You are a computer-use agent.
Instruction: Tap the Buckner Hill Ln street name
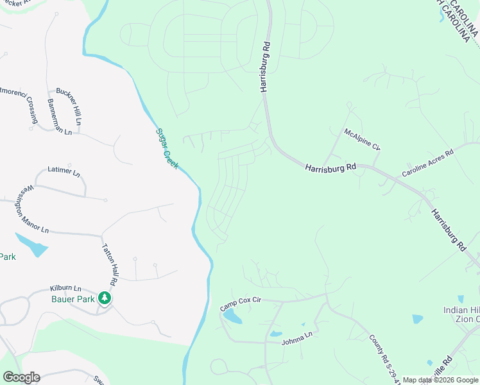coord(69,106)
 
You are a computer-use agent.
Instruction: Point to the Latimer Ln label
coord(64,172)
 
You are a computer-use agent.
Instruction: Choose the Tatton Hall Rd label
coord(108,264)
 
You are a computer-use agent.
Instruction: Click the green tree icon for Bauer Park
coord(105,298)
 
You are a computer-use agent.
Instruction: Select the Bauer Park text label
coord(73,299)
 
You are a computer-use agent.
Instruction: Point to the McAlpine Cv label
coord(362,139)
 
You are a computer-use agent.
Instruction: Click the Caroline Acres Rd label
coord(427,163)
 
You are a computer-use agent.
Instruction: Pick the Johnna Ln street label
coord(296,338)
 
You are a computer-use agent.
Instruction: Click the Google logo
coord(21,377)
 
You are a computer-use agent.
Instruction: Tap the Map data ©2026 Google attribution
coord(440,380)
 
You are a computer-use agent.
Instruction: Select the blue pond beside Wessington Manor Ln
coord(31,244)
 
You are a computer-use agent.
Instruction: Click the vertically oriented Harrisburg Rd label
coord(264,67)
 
